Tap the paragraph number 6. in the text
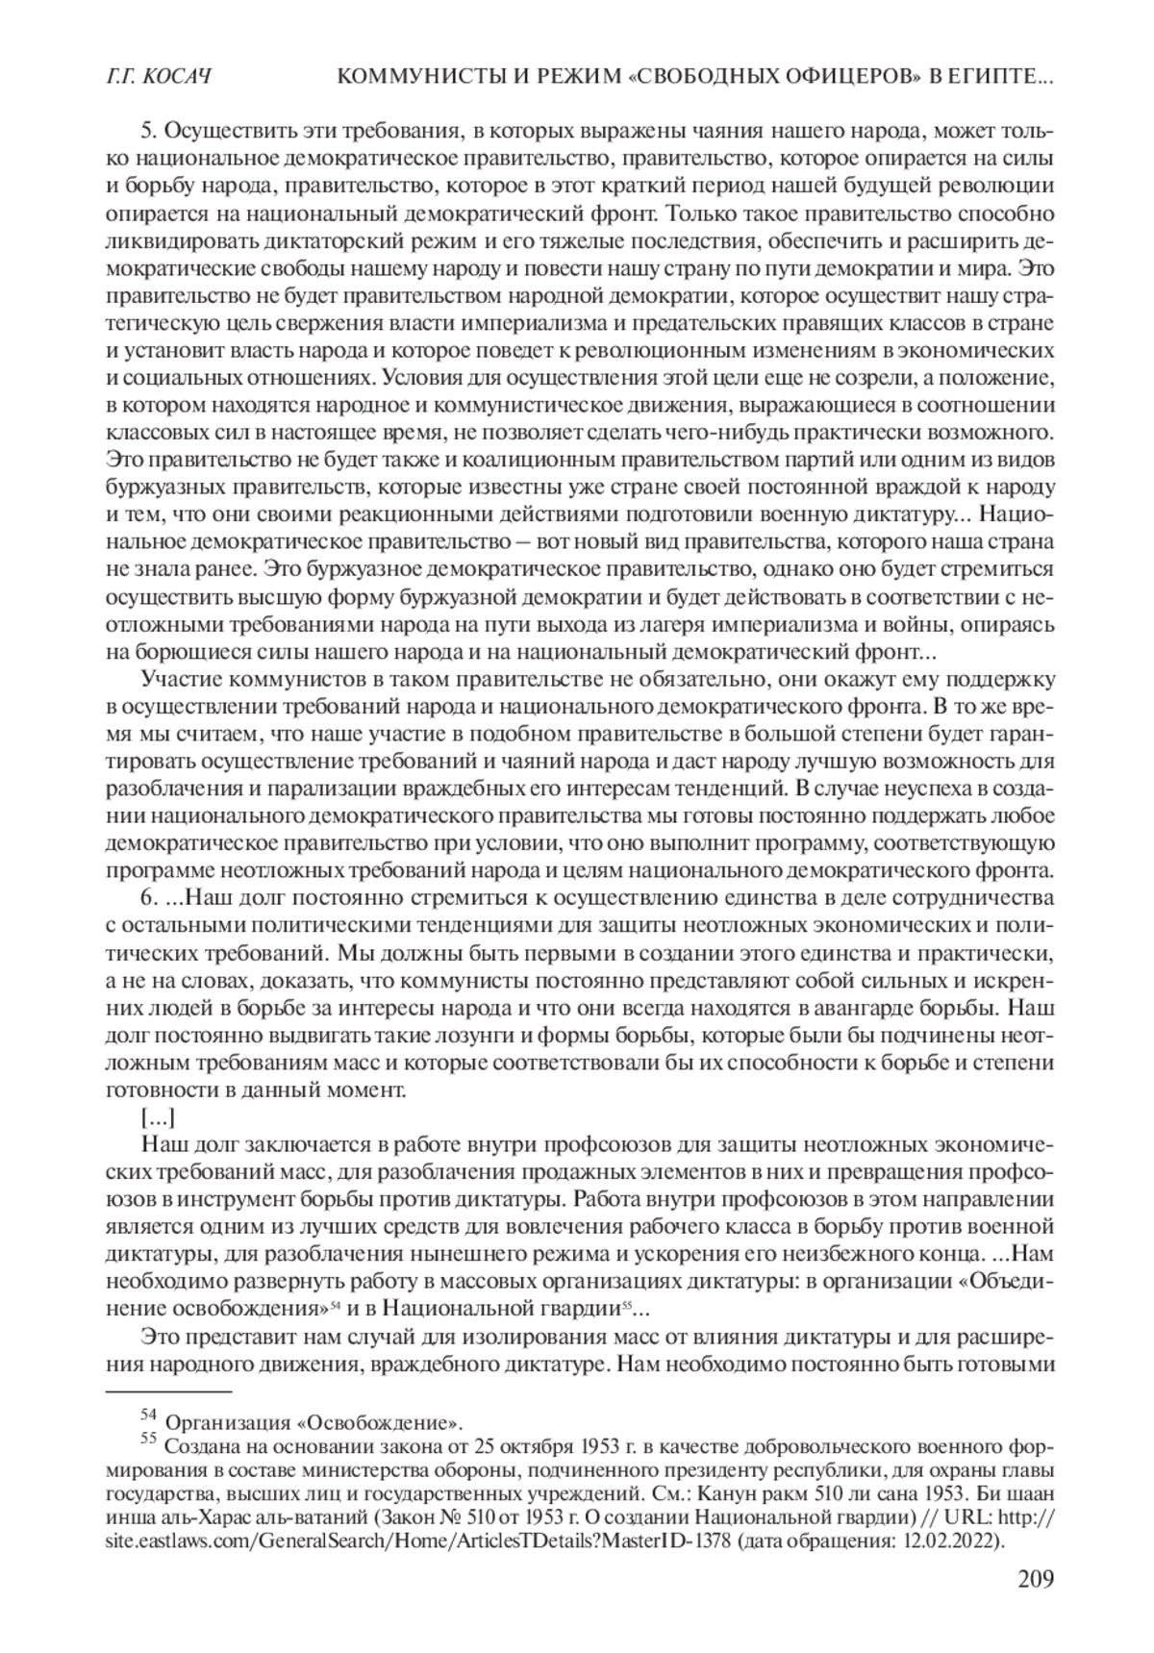(148, 899)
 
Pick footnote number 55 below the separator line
(148, 1439)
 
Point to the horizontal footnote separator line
(168, 1391)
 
